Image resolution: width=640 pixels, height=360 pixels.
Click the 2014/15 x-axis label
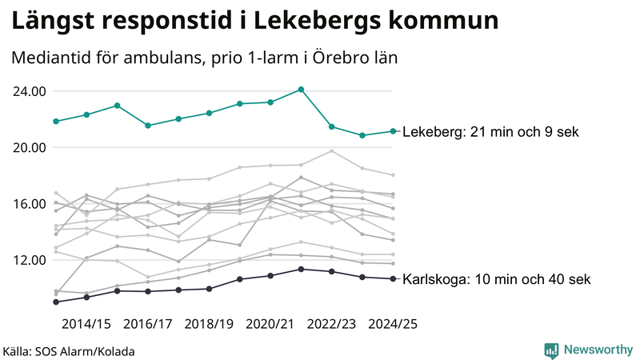click(x=86, y=325)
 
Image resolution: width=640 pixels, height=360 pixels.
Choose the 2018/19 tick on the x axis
click(x=209, y=325)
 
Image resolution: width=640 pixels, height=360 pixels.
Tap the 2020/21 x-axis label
click(x=270, y=325)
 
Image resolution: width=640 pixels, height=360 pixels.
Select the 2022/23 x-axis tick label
click(x=331, y=325)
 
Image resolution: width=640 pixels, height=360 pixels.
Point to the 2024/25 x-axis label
click(x=393, y=325)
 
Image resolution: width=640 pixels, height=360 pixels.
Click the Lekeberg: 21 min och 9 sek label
click(x=490, y=132)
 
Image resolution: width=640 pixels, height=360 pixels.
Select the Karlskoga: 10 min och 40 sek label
click(x=497, y=279)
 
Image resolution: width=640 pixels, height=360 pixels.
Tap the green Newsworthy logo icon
click(x=551, y=350)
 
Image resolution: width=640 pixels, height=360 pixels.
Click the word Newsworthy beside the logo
click(x=597, y=350)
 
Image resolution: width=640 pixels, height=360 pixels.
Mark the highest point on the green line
click(x=301, y=90)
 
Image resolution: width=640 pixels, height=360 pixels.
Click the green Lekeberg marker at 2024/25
click(x=393, y=131)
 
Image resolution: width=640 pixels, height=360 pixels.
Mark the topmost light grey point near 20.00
click(x=331, y=151)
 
